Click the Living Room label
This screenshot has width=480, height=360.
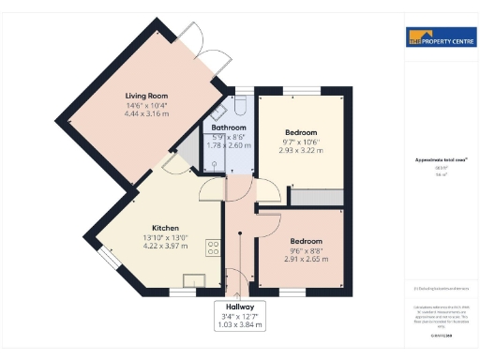146,96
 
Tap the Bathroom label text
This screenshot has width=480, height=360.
229,127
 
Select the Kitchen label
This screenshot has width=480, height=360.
167,228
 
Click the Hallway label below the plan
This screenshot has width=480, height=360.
240,307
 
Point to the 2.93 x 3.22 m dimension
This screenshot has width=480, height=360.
300,150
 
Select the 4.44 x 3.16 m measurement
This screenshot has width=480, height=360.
146,113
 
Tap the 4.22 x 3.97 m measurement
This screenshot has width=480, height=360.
167,247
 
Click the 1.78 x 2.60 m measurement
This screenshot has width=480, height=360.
229,145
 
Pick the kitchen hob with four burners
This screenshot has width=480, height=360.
213,248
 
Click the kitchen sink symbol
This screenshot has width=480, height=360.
196,280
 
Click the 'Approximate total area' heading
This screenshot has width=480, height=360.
433,160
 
